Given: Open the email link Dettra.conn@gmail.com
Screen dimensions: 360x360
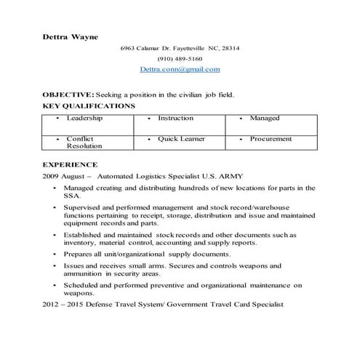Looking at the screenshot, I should point(180,69).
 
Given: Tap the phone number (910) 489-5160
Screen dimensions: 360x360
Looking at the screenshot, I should point(180,59).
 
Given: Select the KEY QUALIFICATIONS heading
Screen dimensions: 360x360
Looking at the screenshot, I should point(89,105).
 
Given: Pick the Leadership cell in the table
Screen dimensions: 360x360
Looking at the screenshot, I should point(84,118).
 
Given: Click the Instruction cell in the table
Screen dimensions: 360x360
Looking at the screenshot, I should point(176,118).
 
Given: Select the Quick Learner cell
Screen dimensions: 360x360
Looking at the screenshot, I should point(181,138).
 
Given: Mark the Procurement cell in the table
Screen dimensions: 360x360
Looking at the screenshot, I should point(271,138).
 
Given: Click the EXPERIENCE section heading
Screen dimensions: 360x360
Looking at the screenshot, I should point(71,165).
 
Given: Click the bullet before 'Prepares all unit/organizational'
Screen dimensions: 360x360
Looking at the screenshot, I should point(55,255).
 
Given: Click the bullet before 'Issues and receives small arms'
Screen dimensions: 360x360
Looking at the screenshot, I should point(55,267).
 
